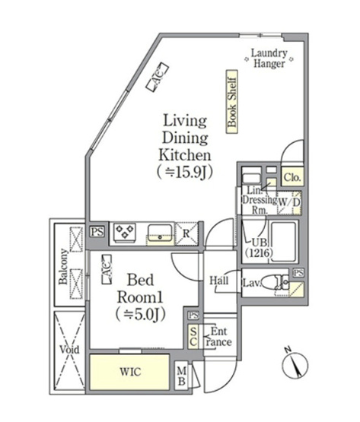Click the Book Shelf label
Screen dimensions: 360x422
tap(231, 102)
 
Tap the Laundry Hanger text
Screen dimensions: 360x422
tap(269, 59)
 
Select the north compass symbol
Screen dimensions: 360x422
tap(295, 365)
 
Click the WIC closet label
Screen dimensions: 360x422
tap(130, 372)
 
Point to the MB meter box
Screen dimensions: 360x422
tap(182, 376)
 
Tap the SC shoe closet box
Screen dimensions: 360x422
tap(193, 337)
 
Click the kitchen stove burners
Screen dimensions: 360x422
tap(125, 232)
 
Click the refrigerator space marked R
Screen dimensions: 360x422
tap(186, 233)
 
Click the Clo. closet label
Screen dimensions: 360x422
tap(292, 177)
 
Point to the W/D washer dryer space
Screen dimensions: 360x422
tap(289, 203)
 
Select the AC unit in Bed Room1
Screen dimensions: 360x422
tap(107, 269)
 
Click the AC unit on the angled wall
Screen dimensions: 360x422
tap(158, 77)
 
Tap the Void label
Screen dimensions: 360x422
tap(69, 350)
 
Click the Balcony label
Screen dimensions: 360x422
tap(64, 266)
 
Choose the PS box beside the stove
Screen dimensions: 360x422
tap(97, 232)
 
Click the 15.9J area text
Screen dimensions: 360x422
tap(185, 173)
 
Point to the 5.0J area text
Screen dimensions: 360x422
tap(140, 314)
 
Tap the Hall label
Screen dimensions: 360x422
tap(219, 281)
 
